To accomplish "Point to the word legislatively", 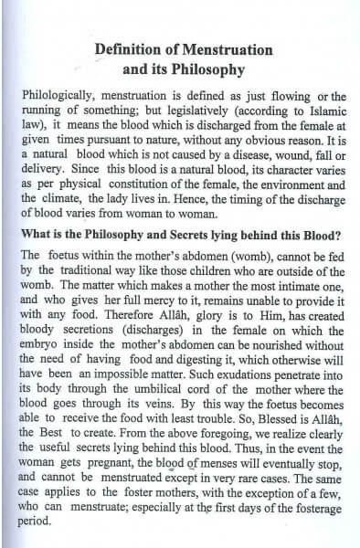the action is pyautogui.click(x=164, y=113).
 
